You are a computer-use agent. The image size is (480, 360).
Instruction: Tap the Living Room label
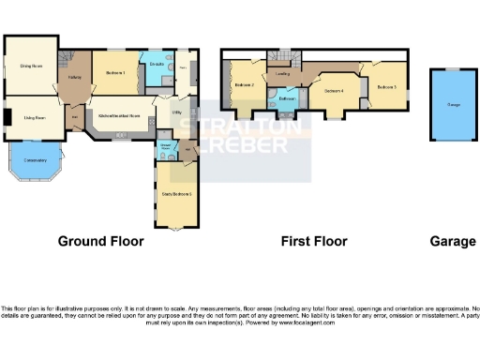pyautogui.click(x=35, y=117)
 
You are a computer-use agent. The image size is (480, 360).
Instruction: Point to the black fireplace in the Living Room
pyautogui.click(x=6, y=117)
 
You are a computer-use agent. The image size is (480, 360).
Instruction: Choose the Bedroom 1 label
pyautogui.click(x=116, y=72)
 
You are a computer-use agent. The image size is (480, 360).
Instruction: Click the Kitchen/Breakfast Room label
pyautogui.click(x=119, y=116)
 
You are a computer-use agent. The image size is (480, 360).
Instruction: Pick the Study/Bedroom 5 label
pyautogui.click(x=177, y=193)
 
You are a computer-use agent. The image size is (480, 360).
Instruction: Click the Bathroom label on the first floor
pyautogui.click(x=287, y=97)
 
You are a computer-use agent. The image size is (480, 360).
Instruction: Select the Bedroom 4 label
pyautogui.click(x=334, y=91)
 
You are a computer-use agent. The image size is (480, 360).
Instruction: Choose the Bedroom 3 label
pyautogui.click(x=387, y=86)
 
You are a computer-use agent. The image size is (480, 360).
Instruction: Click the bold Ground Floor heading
pyautogui.click(x=101, y=241)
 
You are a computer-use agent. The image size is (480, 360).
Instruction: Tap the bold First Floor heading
pyautogui.click(x=314, y=241)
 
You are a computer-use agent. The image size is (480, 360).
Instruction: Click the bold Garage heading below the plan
pyautogui.click(x=453, y=241)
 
